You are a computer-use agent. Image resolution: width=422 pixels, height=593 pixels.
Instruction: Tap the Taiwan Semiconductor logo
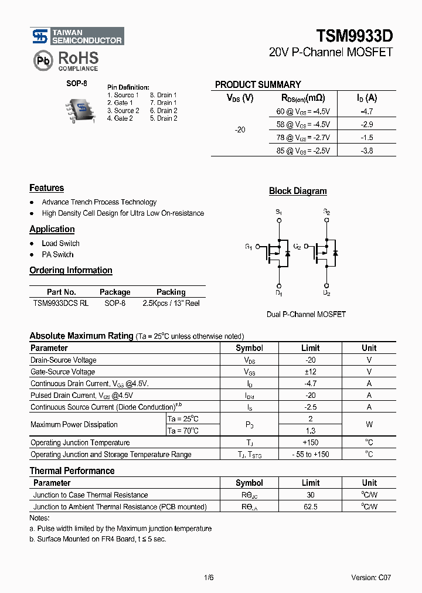(x=77, y=36)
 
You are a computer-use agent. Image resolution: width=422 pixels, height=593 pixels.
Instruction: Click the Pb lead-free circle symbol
(x=42, y=61)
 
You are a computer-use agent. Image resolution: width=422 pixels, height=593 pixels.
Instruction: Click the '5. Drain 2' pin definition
(x=164, y=118)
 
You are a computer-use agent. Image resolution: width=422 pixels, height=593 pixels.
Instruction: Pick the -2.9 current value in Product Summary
(x=367, y=124)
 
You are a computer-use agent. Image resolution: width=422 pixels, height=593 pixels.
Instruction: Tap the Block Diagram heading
(x=298, y=191)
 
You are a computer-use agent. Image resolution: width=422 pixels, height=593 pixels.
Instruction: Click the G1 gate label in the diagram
(x=249, y=247)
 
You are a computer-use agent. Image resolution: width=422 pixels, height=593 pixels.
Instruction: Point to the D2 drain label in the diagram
(x=326, y=293)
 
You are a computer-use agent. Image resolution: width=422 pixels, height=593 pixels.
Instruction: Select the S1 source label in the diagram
(x=278, y=212)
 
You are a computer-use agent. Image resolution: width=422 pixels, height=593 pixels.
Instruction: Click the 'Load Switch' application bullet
(x=60, y=243)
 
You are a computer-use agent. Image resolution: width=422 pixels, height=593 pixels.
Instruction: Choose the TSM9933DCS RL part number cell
(x=61, y=304)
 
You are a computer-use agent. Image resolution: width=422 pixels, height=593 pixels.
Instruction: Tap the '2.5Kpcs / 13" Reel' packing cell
(x=171, y=304)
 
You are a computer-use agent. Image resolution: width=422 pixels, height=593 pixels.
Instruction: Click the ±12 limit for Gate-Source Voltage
(x=311, y=372)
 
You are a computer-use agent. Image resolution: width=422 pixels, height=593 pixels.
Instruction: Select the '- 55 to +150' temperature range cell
(x=311, y=454)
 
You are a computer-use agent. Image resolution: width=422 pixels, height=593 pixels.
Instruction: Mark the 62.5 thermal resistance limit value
(x=311, y=506)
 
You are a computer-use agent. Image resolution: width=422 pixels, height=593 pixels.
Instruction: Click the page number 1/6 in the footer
(x=209, y=578)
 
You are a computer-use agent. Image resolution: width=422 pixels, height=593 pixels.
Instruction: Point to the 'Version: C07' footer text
(x=371, y=578)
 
